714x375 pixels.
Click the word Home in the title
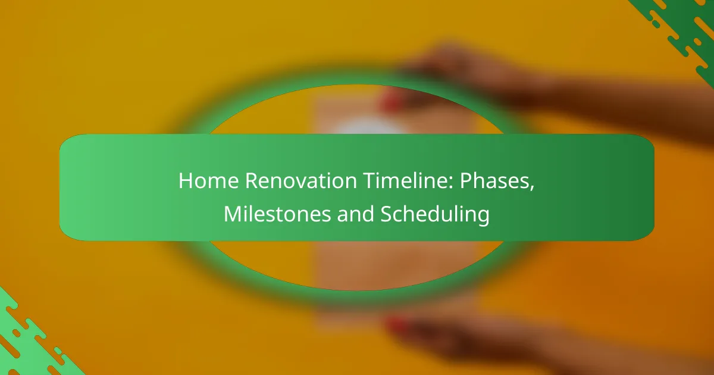[208, 181]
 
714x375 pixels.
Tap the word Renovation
[300, 181]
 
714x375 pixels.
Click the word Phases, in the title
[497, 182]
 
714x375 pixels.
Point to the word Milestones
[277, 214]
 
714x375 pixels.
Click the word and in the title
[355, 214]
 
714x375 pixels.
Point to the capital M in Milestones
[233, 214]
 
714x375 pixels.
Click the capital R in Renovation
[251, 181]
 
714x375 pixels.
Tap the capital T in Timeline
[369, 181]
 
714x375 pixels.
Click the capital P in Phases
[465, 181]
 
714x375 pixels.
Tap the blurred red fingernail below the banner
[397, 325]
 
